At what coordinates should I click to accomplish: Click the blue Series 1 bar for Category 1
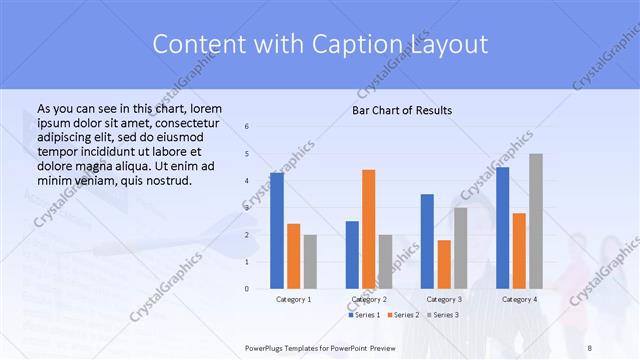point(276,231)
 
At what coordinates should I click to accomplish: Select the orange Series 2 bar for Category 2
point(368,229)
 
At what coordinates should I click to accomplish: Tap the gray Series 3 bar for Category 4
point(535,221)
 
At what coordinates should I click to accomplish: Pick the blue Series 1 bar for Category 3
point(427,241)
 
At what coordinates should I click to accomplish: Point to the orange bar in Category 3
point(444,264)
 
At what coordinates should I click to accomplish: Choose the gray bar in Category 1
point(310,262)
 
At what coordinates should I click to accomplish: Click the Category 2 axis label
point(368,299)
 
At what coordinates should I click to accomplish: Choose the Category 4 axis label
point(519,299)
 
